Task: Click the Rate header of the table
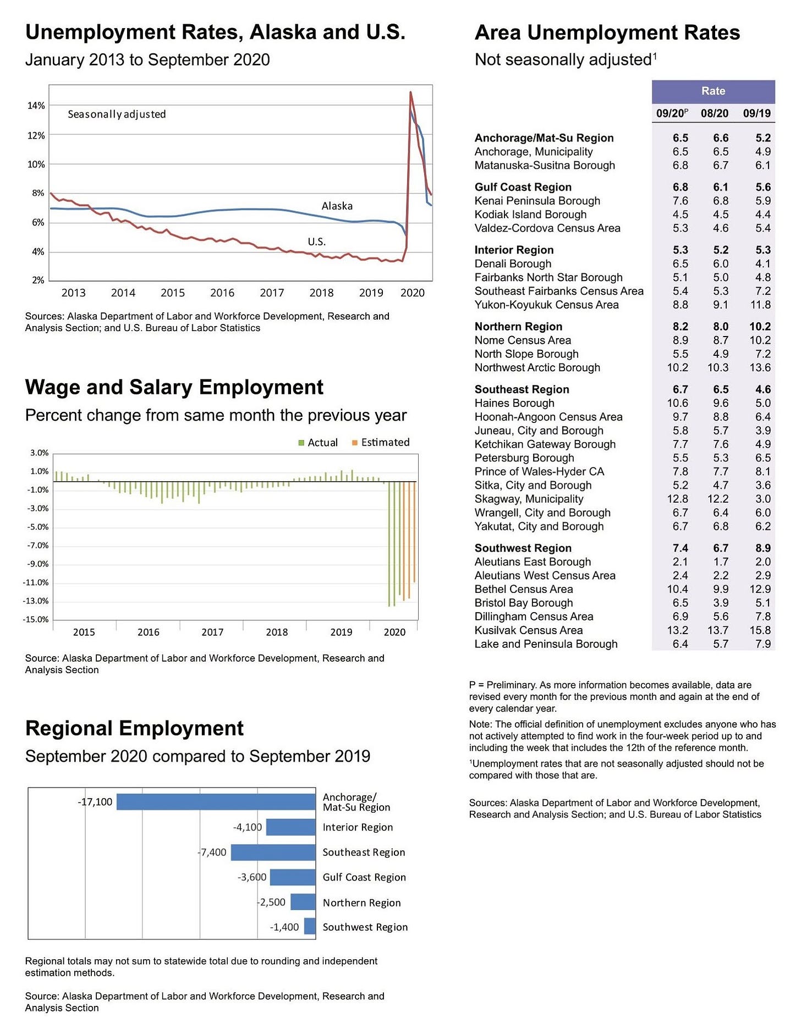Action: pos(713,91)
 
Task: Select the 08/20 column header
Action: pos(714,114)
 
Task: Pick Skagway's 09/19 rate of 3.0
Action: pos(762,499)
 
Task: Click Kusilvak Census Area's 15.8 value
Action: pos(760,630)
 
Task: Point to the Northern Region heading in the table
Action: pos(518,327)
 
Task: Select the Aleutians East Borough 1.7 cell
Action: pos(721,562)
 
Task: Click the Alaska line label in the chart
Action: pos(337,206)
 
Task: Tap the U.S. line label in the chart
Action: pos(316,242)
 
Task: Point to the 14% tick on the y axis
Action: pos(36,106)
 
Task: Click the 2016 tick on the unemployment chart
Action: pos(222,293)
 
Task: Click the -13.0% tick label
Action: pos(36,601)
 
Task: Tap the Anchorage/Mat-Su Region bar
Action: pos(216,802)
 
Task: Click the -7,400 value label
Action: pos(212,852)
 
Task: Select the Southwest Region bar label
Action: pos(365,927)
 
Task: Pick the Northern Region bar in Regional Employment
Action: pos(303,902)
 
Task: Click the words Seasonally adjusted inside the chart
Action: pos(117,114)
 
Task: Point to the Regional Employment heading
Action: pos(134,728)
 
